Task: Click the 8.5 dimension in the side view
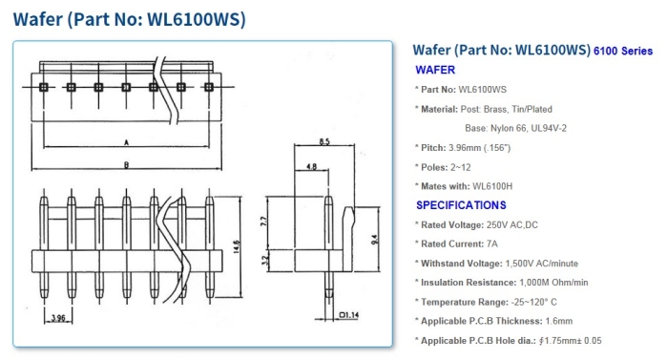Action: (x=324, y=141)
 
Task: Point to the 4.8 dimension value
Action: (x=311, y=166)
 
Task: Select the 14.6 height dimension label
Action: (x=237, y=246)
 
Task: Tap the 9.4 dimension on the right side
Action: (x=374, y=240)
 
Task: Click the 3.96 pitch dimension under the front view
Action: (x=58, y=318)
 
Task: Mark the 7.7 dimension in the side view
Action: (x=263, y=222)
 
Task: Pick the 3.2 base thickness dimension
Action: (x=263, y=260)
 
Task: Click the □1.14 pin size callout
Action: (x=349, y=315)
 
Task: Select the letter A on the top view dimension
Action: (x=126, y=142)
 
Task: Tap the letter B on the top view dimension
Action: (x=126, y=165)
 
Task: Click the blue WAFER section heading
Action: (x=435, y=70)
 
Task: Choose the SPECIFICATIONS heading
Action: (x=461, y=205)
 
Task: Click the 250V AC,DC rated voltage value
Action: (x=512, y=224)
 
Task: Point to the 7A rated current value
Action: (x=492, y=244)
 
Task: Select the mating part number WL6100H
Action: (x=492, y=186)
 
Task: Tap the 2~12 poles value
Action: (x=461, y=167)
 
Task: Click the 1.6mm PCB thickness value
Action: (x=559, y=321)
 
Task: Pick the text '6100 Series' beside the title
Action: (x=623, y=51)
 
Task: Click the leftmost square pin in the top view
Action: (x=43, y=87)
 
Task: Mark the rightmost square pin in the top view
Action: (x=208, y=87)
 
